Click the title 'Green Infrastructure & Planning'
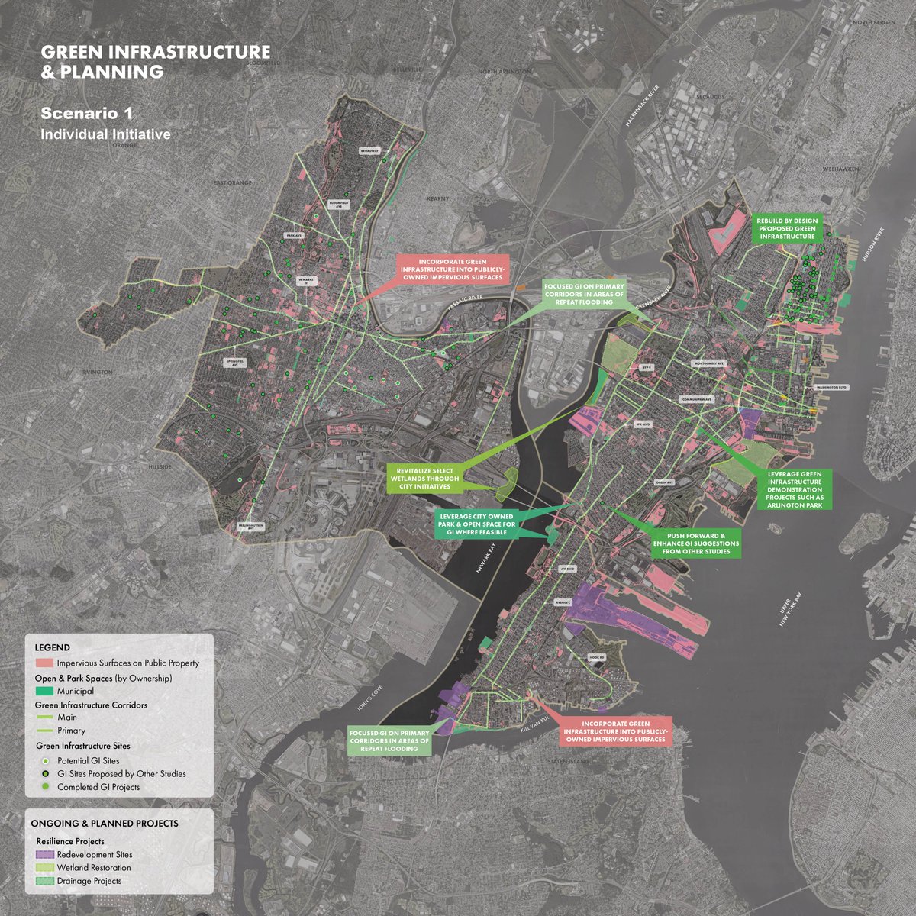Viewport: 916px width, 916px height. coord(155,62)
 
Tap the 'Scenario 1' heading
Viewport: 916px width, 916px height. coord(87,114)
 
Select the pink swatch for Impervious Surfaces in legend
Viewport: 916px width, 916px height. coord(44,663)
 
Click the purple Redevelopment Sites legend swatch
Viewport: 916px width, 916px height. coord(44,854)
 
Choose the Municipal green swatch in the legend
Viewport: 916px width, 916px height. coord(44,691)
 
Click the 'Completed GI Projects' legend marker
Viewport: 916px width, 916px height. coord(45,786)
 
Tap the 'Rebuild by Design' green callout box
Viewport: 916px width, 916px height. coord(787,228)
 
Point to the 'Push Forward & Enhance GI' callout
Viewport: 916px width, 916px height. coord(696,543)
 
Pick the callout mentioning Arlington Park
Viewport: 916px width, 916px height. coord(795,489)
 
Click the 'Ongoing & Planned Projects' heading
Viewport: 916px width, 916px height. coord(105,824)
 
